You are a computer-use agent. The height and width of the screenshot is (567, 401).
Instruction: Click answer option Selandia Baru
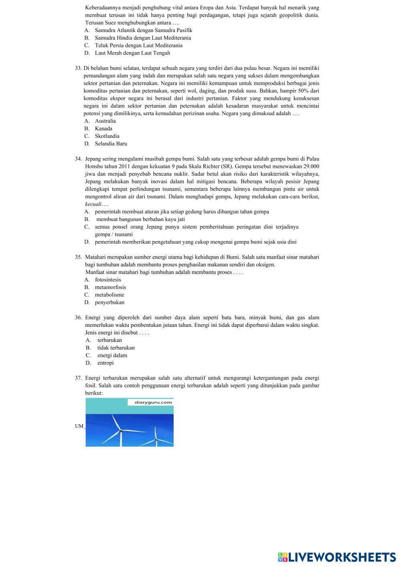point(111,144)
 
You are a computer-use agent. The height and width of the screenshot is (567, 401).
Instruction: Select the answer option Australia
point(105,121)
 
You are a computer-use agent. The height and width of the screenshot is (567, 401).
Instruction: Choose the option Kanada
point(103,128)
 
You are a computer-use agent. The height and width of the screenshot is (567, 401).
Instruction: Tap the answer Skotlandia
point(107,136)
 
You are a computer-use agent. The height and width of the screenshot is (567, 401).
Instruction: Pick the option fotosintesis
point(108,279)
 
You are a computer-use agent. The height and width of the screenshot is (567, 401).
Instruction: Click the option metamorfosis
point(110,287)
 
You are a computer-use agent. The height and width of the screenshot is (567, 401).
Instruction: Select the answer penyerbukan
point(109,302)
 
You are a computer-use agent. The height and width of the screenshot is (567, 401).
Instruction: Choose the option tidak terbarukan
point(116,348)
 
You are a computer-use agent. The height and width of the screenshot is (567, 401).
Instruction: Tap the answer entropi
point(105,363)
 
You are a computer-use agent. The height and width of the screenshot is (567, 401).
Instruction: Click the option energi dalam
point(112,355)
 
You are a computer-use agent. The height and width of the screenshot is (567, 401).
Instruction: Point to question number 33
point(78,68)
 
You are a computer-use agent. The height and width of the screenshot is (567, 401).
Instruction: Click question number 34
point(78,159)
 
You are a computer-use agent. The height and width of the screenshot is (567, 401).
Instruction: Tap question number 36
point(78,318)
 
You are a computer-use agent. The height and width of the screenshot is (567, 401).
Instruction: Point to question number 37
point(78,378)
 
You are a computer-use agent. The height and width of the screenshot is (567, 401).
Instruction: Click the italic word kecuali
point(93,204)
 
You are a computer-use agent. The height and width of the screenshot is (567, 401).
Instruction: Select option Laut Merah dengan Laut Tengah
point(132,53)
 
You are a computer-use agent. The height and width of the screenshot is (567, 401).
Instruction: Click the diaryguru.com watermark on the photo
point(150,402)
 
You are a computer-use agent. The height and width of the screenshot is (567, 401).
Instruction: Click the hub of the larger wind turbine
point(120,431)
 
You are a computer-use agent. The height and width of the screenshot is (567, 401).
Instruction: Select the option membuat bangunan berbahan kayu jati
point(140,219)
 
